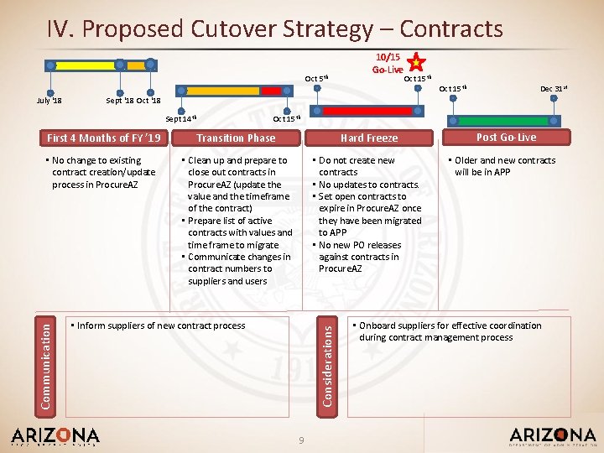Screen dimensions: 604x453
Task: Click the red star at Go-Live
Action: (415, 61)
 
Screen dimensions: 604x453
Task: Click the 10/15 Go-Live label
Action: (388, 63)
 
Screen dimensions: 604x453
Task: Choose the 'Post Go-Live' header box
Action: (506, 138)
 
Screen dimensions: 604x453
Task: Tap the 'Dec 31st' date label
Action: (552, 88)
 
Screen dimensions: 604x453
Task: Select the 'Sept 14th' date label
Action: (180, 119)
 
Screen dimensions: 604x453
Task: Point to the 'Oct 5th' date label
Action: (316, 79)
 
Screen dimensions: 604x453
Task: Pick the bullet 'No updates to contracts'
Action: (367, 185)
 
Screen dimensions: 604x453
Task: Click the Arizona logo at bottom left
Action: (55, 436)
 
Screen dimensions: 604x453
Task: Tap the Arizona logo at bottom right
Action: (552, 436)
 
